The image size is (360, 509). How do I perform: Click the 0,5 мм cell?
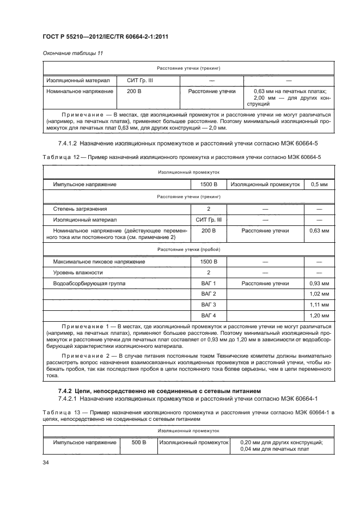[319, 185]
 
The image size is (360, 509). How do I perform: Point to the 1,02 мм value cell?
[319, 294]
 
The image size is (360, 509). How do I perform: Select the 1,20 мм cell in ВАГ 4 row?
[319, 315]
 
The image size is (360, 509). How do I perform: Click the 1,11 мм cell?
[319, 304]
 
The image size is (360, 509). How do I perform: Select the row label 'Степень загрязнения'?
[80, 208]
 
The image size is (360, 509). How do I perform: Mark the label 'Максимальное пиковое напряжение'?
[99, 262]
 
